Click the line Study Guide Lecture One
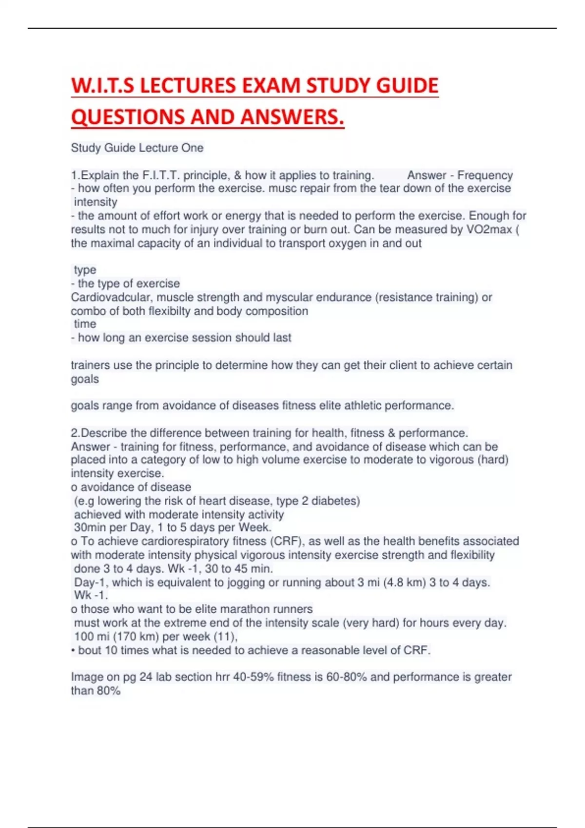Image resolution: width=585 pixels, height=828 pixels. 137,148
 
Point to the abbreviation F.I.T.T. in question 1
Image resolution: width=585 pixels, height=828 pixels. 161,175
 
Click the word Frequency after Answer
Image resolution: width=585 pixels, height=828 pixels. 485,175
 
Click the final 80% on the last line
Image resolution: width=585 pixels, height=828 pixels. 108,691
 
